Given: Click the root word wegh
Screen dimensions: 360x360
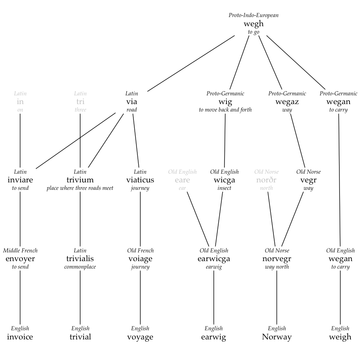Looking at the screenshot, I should click(254, 24).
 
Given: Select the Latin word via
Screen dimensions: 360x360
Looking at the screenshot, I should click(132, 101).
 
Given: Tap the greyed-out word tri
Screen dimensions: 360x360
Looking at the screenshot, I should click(80, 101).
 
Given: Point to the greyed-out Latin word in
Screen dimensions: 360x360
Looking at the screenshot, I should click(20, 101).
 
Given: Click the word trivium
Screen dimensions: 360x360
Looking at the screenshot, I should click(80, 180).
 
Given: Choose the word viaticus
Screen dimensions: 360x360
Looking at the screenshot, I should click(140, 180).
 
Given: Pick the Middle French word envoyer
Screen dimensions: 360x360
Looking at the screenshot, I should click(20, 259).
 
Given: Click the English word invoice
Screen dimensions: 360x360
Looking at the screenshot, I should click(20, 337).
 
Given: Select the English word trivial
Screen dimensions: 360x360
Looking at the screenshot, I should click(80, 337).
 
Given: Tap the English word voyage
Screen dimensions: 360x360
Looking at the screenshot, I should click(140, 337).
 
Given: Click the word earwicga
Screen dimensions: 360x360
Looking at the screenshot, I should click(214, 259).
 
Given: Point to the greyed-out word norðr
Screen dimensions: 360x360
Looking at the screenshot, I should click(266, 180).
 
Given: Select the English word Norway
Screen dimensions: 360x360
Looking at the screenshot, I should click(277, 337).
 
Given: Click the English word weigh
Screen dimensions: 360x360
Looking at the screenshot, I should click(340, 337).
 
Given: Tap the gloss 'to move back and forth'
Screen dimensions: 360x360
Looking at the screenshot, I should click(225, 110).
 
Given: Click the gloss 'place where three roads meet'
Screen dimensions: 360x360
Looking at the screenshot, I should click(80, 188).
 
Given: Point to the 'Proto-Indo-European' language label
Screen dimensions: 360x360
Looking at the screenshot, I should click(254, 15).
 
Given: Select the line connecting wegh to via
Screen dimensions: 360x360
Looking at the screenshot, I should click(191, 63).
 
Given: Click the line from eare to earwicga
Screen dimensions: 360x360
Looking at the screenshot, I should click(198, 217).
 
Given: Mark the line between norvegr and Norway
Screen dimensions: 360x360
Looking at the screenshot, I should click(277, 297).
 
